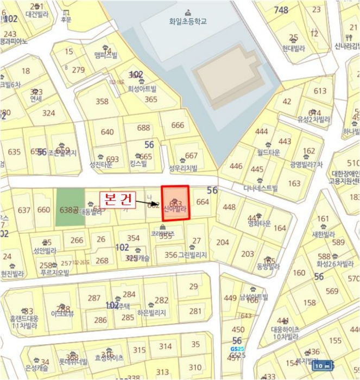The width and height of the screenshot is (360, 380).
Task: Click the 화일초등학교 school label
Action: click(188, 22)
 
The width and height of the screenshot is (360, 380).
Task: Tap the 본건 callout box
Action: click(117, 199)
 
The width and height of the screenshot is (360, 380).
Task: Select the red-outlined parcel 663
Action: click(175, 203)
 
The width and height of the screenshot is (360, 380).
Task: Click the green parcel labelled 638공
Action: click(70, 207)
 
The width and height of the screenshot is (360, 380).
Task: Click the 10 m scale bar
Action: click(324, 365)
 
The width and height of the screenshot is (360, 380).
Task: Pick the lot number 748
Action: click(281, 10)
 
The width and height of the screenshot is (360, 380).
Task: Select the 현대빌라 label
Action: click(293, 48)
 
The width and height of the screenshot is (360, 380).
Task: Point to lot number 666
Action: click(178, 125)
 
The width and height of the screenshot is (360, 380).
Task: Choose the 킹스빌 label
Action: click(138, 163)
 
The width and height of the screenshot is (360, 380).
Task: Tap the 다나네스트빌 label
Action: click(260, 188)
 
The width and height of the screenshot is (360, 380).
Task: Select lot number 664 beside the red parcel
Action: click(203, 202)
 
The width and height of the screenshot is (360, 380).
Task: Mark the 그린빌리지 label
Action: click(194, 255)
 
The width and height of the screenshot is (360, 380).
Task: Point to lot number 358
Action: click(102, 102)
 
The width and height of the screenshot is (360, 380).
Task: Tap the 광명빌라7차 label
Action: click(306, 164)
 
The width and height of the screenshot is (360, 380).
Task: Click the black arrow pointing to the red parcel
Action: click(148, 203)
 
